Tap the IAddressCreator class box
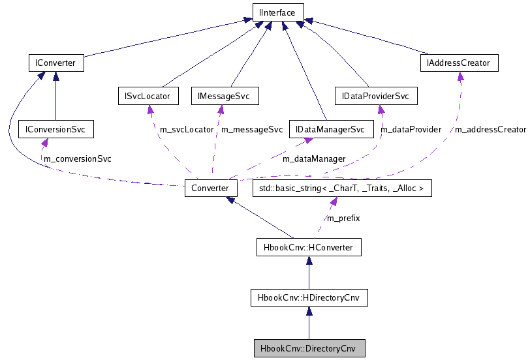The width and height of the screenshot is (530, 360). point(460,63)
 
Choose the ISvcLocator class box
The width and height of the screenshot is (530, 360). point(148,96)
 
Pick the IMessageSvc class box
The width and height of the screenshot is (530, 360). point(224,96)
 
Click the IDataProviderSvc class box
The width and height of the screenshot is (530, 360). point(375,96)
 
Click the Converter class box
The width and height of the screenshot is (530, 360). point(210,188)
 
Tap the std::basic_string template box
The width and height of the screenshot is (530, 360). point(342,188)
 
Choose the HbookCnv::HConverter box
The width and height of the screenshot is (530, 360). point(308,247)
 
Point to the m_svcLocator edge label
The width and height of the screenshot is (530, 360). point(187,129)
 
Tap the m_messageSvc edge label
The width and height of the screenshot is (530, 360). point(252,129)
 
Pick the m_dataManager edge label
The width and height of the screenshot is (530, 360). point(314,158)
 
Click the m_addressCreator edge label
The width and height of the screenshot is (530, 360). point(490,129)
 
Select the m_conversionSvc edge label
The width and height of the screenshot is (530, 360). point(77,158)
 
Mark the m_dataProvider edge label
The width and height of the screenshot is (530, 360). point(411,129)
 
